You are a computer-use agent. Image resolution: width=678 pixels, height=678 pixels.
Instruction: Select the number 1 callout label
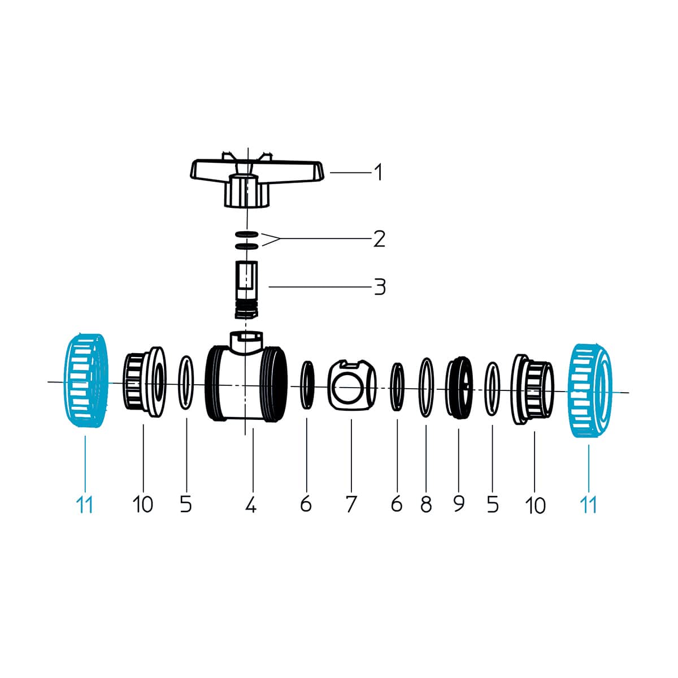coord(378,172)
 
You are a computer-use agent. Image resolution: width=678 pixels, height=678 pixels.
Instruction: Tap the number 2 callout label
coord(379,239)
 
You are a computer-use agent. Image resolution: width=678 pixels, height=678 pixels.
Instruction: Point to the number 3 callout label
coord(380,287)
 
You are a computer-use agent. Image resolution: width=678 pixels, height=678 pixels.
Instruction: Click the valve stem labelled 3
coord(246,290)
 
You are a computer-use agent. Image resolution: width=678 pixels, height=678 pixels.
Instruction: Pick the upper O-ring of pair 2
coord(247,233)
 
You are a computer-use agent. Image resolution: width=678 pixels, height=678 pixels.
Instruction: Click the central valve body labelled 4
coord(246,384)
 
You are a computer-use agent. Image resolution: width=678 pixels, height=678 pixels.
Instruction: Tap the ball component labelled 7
coord(352,385)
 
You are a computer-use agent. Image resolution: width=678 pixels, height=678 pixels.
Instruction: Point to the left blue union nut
coord(86,381)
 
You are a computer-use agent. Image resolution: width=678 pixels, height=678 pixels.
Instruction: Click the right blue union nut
coord(591,390)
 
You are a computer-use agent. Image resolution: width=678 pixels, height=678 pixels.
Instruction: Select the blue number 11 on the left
coord(84,505)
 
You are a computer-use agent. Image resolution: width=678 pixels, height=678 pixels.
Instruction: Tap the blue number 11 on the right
coord(588,505)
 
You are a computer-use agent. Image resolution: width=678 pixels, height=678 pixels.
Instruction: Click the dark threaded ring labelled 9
coord(459,388)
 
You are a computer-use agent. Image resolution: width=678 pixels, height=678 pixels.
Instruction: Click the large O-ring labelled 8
coord(427,387)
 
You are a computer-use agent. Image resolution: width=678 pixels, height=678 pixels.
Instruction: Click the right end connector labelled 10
coord(532,389)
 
